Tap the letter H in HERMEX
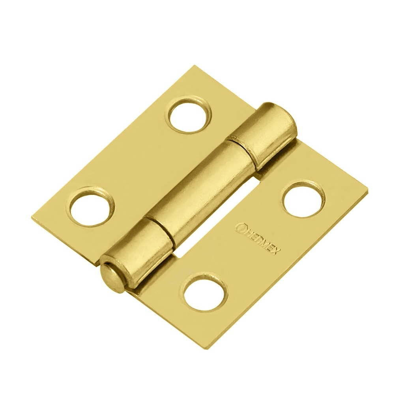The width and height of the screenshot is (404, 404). point(247,232)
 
